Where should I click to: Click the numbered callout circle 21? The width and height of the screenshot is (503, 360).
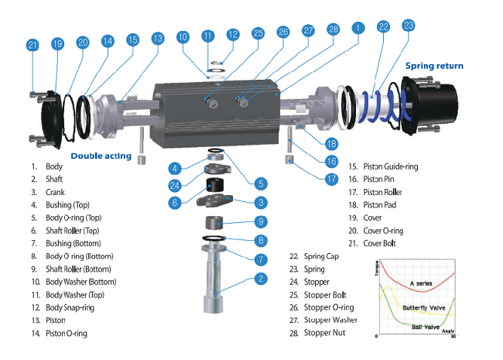coord(33,46)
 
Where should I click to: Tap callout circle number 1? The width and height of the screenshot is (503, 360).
coord(358,27)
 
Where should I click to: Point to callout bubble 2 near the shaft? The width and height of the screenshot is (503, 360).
coord(262,278)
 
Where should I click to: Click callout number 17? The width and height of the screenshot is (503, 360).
coord(331,178)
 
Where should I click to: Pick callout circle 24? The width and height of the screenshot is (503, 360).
coord(176,184)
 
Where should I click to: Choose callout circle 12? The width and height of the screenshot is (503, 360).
coord(234,35)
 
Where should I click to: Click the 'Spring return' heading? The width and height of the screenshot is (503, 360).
coord(434,66)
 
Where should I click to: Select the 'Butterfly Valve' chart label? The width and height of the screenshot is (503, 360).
coord(424,308)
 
